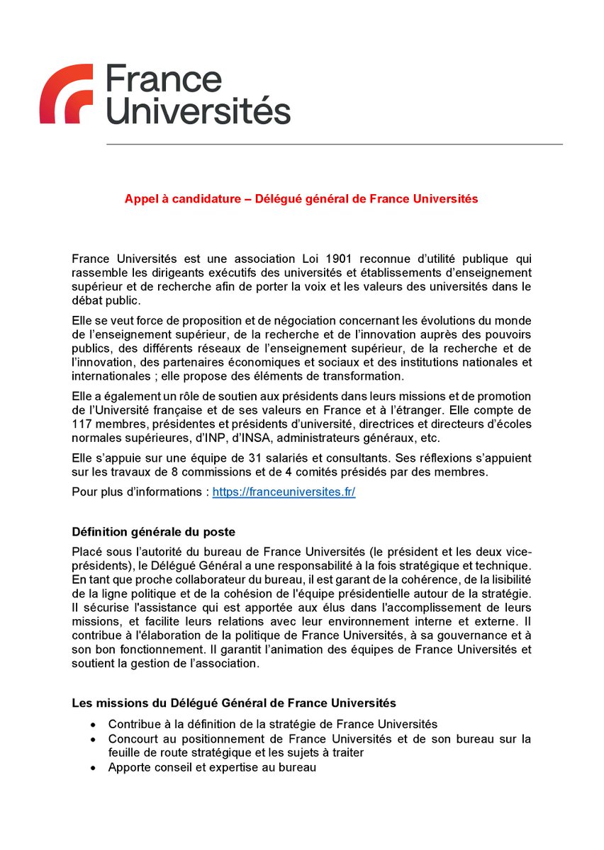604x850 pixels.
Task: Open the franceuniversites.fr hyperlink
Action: [284, 492]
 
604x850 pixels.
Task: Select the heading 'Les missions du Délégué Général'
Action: [234, 703]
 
